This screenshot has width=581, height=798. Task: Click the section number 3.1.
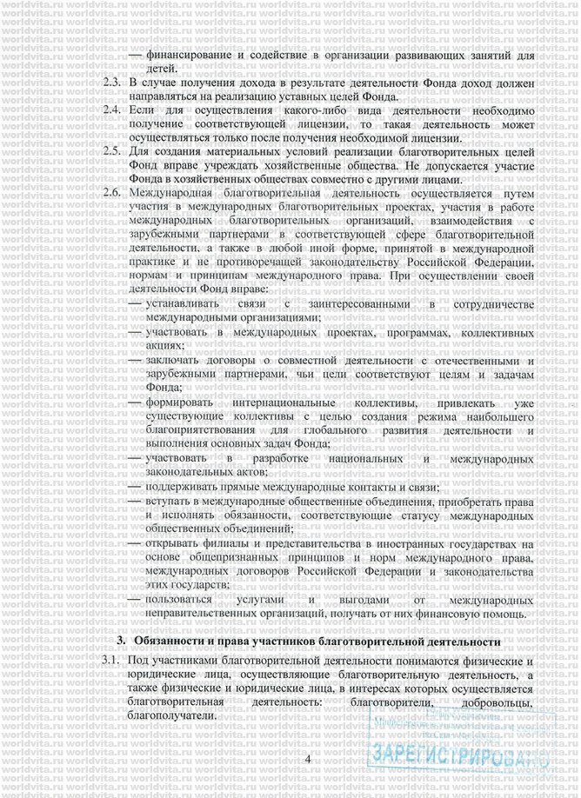pyautogui.click(x=109, y=663)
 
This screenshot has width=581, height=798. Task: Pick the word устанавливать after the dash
pyautogui.click(x=184, y=304)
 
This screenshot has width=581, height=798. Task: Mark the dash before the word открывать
pyautogui.click(x=135, y=543)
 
